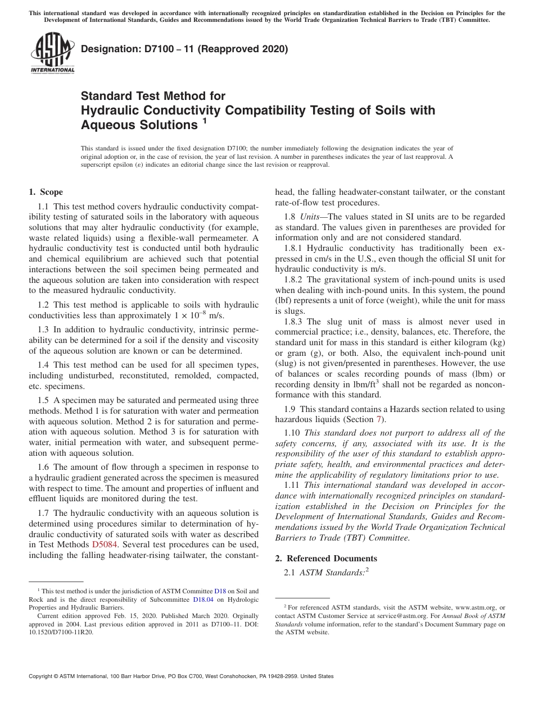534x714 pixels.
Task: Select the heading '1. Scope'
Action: tap(46, 192)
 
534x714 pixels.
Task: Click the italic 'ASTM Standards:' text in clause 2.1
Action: tap(332, 573)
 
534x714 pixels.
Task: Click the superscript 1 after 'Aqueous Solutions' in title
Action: tap(205, 120)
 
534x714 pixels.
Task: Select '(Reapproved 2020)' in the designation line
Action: tap(247, 49)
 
